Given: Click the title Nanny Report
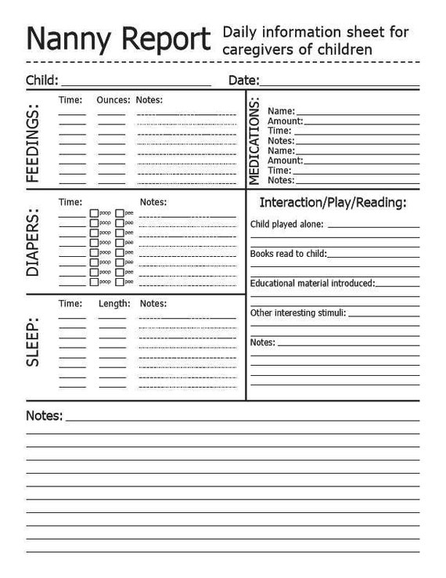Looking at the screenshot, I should (118, 38).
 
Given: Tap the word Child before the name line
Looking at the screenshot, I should (40, 80).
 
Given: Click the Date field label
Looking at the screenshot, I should (243, 80).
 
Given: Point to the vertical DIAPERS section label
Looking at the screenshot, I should (34, 243).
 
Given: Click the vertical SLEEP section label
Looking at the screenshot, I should (34, 342).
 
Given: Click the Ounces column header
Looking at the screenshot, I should (112, 100).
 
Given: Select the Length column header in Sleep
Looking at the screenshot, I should (113, 303).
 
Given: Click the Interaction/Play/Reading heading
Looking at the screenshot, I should (333, 203).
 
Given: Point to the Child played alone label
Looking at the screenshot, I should (286, 225).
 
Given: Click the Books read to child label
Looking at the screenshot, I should (288, 254).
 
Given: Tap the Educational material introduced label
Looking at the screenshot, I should (312, 283).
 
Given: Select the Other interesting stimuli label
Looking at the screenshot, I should (297, 312).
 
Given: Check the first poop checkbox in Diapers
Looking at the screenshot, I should (94, 213).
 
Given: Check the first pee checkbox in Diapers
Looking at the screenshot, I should (119, 213).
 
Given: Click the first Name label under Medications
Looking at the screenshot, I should (281, 111).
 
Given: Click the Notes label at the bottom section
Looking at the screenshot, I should (44, 416).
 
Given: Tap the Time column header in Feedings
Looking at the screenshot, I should (70, 100).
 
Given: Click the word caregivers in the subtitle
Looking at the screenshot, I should (257, 50).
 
